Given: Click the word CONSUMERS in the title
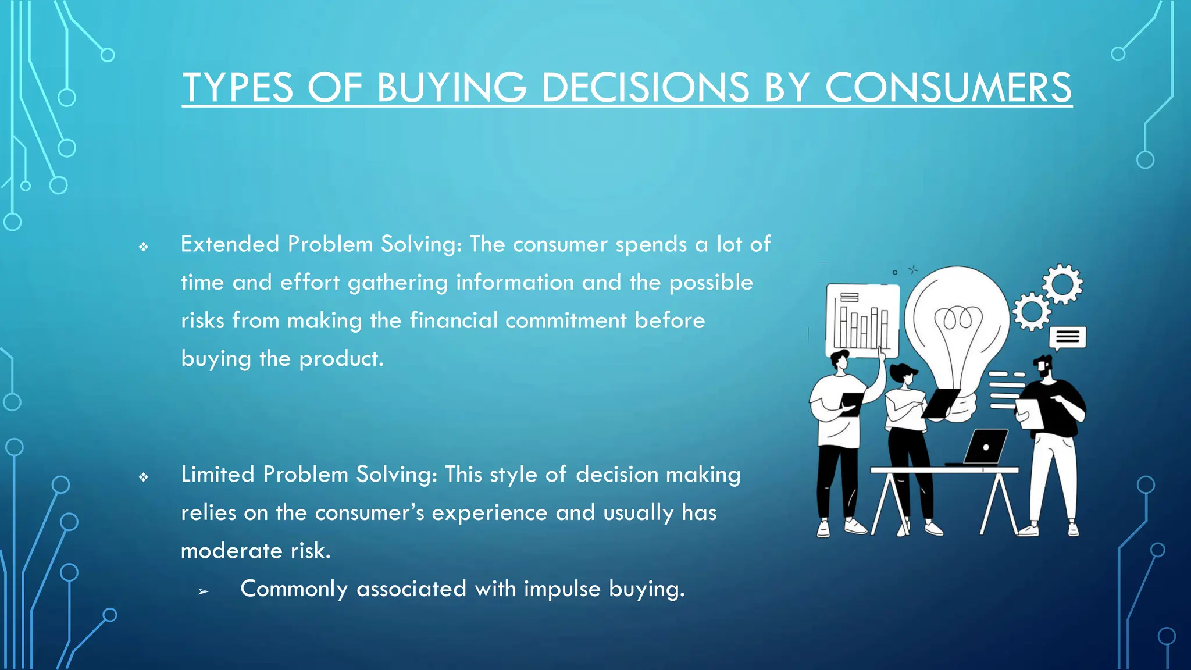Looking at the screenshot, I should pos(948,88).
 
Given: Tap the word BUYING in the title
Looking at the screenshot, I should pos(451,88).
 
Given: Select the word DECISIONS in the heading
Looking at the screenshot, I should pos(645,88).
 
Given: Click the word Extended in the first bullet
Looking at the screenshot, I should pos(230,244).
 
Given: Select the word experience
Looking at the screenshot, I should pos(489,513).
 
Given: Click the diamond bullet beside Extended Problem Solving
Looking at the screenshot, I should pos(144,247).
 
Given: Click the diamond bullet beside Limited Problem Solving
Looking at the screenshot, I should pos(144,477).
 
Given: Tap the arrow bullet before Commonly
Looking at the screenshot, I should pos(203,592).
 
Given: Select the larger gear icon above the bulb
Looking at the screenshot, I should pos(1062,284).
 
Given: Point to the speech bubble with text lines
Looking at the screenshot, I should pos(1067,337).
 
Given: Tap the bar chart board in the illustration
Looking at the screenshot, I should pos(862,320).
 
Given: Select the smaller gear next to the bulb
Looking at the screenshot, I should pos(1032,312).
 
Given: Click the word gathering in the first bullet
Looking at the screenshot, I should pos(398,283).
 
